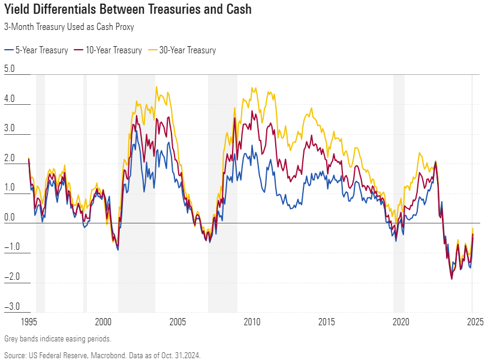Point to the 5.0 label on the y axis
(x=10, y=69)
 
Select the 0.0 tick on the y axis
(x=10, y=217)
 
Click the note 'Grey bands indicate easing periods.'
(x=58, y=339)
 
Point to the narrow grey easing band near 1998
(x=85, y=192)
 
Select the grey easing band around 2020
(x=399, y=192)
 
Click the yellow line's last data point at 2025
(x=473, y=228)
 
